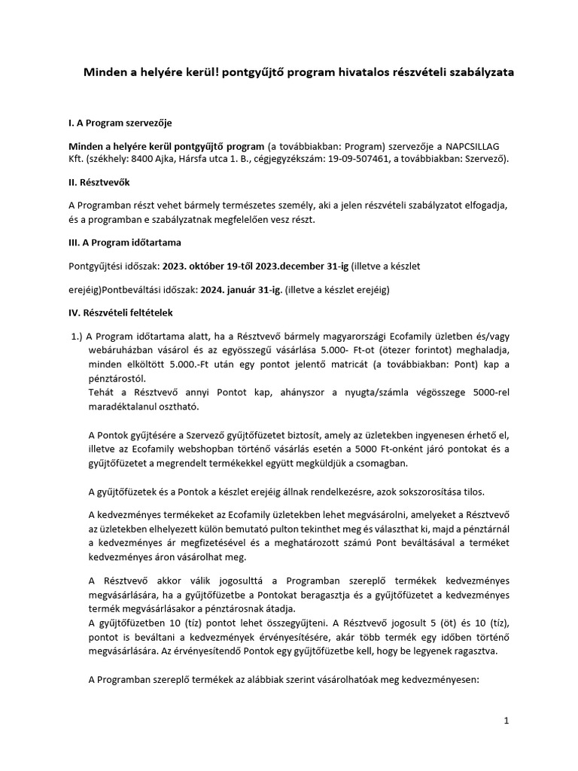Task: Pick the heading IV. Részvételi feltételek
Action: click(121, 312)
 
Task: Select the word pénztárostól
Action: click(117, 379)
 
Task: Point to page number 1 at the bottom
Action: click(507, 721)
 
